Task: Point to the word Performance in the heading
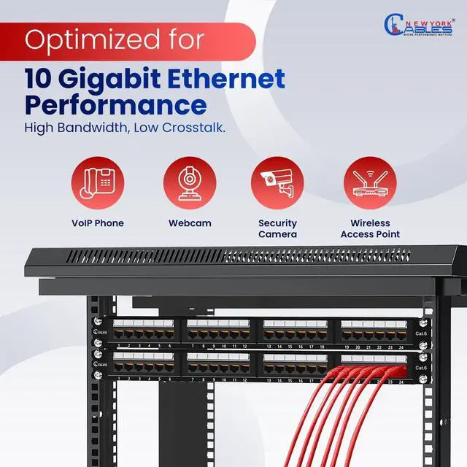[x=115, y=105]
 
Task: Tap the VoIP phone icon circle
[x=98, y=182]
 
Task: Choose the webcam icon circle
[x=190, y=182]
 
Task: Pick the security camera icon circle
[x=277, y=182]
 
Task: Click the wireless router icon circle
[x=370, y=182]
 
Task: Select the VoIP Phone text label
[x=98, y=223]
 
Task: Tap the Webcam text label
[x=190, y=223]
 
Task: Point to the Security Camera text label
[x=277, y=228]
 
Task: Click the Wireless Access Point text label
[x=370, y=228]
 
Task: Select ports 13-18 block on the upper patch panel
[x=295, y=331]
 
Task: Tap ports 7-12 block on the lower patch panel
[x=219, y=364]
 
